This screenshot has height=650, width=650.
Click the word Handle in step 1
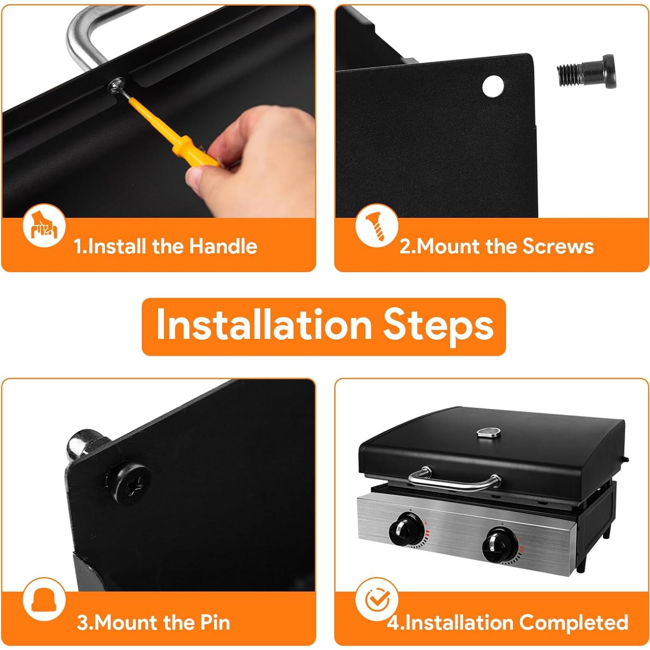coord(223,246)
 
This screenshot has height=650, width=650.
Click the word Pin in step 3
coord(215,622)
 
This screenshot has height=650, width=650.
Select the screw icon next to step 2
coord(376,226)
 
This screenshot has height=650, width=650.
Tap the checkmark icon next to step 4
coord(376,600)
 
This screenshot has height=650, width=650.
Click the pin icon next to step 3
coord(44,600)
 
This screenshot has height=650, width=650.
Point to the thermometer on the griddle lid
coord(489,432)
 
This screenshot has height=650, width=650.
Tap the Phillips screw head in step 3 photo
coord(133,484)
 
